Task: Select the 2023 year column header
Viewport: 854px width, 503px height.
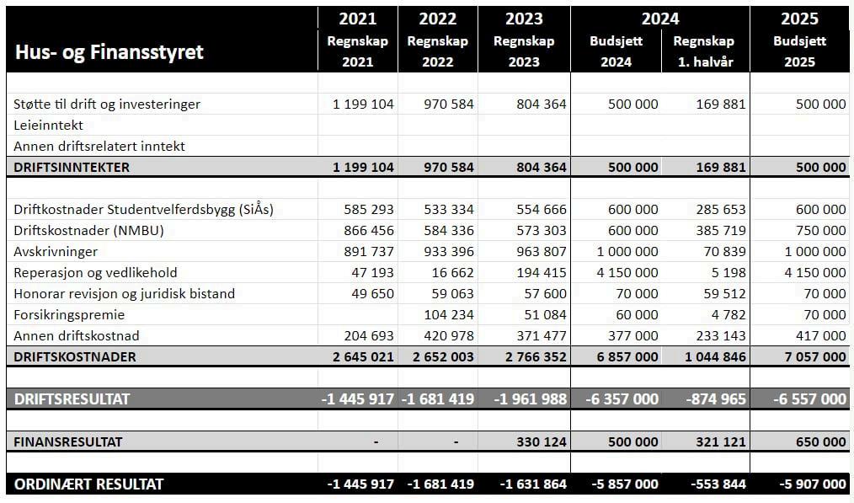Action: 524,19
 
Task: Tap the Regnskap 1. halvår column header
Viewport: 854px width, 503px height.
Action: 704,51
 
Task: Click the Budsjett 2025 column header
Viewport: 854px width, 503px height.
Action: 799,51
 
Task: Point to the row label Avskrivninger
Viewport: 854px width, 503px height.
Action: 56,251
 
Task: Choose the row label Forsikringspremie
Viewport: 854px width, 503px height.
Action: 69,314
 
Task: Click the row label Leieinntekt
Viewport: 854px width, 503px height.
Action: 49,125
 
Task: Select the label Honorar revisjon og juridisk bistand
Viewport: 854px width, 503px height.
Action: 124,293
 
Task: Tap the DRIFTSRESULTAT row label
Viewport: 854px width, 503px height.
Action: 72,399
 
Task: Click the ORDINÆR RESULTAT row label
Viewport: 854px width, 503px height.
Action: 88,484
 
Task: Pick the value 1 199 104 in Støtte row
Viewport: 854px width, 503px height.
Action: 363,104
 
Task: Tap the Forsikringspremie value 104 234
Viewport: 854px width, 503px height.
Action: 450,314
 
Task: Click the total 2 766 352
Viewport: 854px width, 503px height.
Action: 531,356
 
